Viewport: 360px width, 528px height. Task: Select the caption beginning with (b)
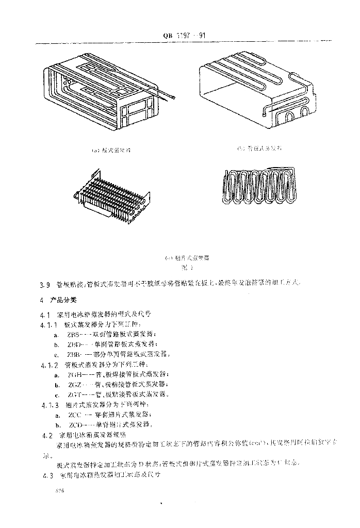[x=260, y=148]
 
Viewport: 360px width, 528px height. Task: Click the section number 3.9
[x=44, y=284]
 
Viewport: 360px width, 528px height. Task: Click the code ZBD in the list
[x=74, y=344]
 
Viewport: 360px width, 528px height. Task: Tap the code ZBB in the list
[x=74, y=354]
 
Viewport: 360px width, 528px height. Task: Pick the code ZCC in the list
[x=74, y=415]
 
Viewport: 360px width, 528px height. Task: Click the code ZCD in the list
[x=76, y=424]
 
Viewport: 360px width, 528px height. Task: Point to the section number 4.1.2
[x=49, y=365]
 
